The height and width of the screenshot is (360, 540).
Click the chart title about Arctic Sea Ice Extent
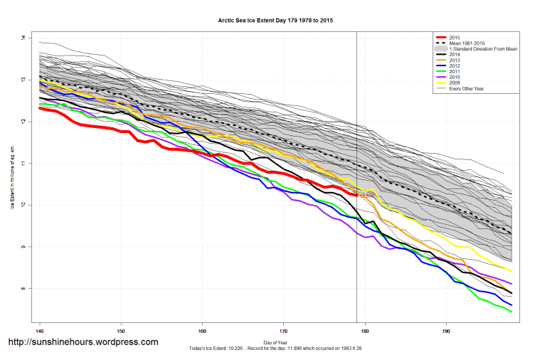[274, 21]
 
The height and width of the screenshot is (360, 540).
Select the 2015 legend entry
[455, 36]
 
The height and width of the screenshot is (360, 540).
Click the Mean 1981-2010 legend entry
[469, 42]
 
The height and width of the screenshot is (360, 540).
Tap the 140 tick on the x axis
[40, 331]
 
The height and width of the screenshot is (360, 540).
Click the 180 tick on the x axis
[366, 331]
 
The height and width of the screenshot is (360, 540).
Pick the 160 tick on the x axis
[203, 331]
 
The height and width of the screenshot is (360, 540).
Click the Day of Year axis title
[274, 342]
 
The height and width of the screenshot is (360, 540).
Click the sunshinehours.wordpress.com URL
[83, 342]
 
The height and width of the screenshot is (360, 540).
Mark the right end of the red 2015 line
[356, 195]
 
